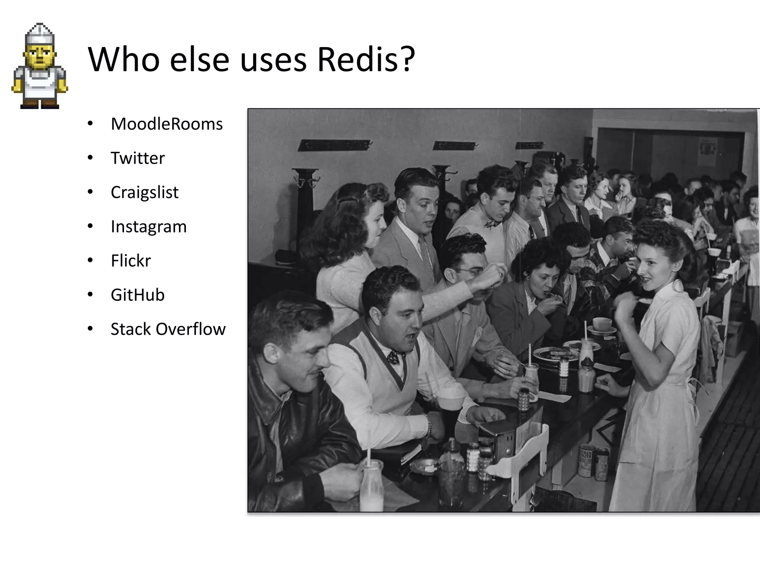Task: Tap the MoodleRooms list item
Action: coord(167,124)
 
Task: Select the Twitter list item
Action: coord(138,158)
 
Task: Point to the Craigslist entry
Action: coord(144,192)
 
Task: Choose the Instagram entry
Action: coord(148,227)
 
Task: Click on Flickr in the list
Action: coord(131,261)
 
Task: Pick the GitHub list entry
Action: coord(137,295)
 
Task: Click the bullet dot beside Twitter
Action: coord(90,158)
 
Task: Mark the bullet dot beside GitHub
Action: coord(90,295)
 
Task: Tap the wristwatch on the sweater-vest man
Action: coord(429,425)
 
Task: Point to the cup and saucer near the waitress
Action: coord(601,326)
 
